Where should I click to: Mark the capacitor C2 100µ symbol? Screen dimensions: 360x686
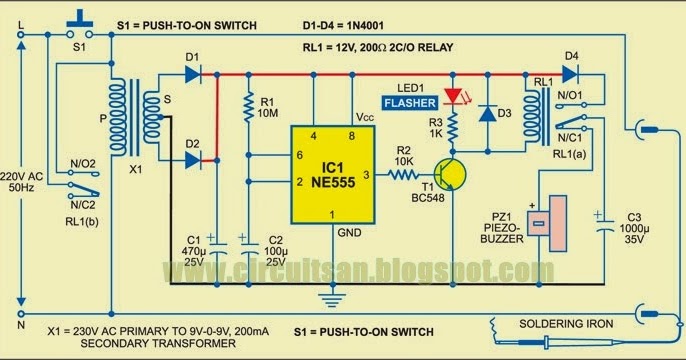click(247, 241)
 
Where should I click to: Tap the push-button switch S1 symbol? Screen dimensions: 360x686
click(78, 22)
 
